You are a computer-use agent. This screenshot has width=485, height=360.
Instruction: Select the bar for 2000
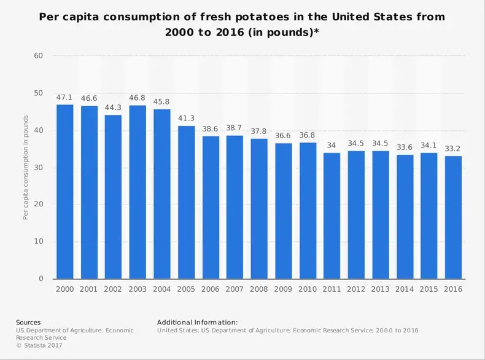[x=64, y=192]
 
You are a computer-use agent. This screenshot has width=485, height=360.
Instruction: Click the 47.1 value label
[x=64, y=97]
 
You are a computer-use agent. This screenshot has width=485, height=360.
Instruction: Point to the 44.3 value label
[x=113, y=108]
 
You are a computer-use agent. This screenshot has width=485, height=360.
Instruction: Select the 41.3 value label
[x=187, y=119]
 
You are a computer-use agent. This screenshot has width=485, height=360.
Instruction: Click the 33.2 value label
[x=453, y=149]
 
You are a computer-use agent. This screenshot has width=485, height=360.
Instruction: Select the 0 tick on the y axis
[x=41, y=279]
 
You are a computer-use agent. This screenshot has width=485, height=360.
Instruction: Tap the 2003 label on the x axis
[x=138, y=289]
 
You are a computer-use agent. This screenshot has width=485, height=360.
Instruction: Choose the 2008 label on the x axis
[x=259, y=289]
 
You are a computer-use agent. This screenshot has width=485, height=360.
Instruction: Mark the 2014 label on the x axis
[x=405, y=289]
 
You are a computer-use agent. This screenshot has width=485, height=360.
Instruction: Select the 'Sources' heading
[x=28, y=322]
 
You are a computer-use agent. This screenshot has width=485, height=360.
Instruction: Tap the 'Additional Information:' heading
[x=197, y=322]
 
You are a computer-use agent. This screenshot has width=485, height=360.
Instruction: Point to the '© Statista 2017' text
[x=39, y=345]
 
